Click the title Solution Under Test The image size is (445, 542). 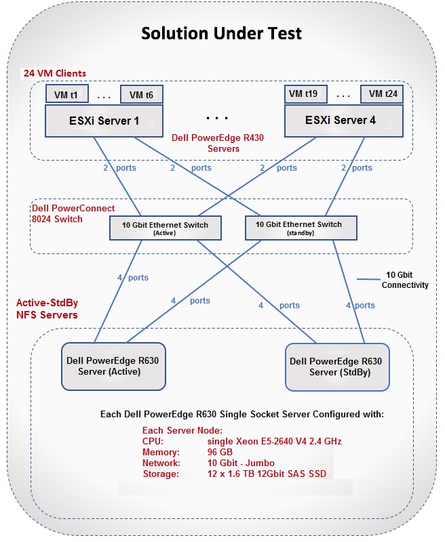click(222, 33)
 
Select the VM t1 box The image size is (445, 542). click(66, 95)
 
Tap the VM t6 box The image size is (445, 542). click(141, 95)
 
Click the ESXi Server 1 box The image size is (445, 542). click(103, 121)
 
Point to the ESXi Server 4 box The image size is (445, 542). click(340, 121)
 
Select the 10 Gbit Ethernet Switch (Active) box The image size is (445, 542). click(166, 228)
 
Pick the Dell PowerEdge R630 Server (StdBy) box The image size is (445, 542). click(337, 366)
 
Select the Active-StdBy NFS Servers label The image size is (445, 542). click(47, 309)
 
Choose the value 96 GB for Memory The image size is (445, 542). click(220, 452)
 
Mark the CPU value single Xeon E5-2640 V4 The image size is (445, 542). click(274, 441)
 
